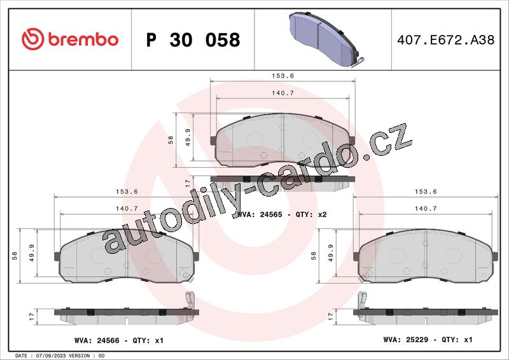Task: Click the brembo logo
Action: pos(70,39)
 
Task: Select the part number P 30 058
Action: pos(193,40)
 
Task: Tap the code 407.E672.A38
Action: pos(446,39)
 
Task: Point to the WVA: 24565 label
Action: pos(260,214)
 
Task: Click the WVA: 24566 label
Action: pos(97,340)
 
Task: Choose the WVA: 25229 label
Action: pos(406,340)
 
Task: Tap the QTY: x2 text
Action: pos(311,214)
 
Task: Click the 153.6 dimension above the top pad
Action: pos(282,76)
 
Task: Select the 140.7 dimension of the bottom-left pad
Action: pos(127,209)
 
